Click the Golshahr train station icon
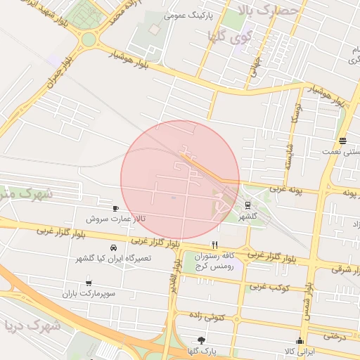tap(247, 205)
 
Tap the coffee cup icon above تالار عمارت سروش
tap(116, 209)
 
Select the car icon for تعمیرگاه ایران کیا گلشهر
tap(113, 249)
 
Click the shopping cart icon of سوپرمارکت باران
tap(89, 283)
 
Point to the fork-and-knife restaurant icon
tap(214, 245)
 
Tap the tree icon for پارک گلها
tap(202, 340)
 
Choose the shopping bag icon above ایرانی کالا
tap(301, 341)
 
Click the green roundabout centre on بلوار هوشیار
tap(89, 39)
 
